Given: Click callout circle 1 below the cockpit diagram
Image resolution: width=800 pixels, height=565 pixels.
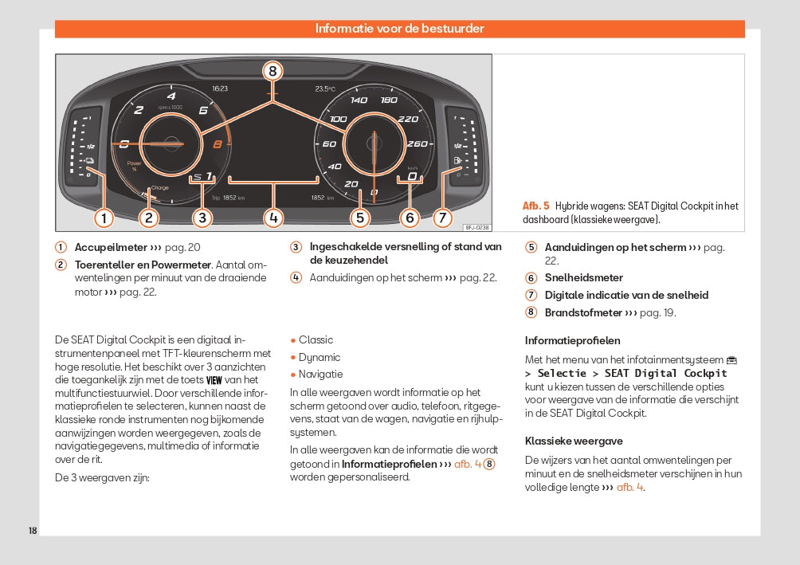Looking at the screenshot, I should click(x=103, y=217).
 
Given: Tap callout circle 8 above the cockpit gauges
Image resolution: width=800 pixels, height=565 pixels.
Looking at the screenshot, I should click(x=273, y=71).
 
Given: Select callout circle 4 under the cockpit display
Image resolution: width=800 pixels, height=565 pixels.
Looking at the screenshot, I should click(x=273, y=217).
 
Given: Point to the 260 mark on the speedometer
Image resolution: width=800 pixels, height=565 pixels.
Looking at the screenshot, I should click(x=417, y=144).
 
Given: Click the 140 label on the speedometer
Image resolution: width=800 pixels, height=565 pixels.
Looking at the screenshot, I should click(x=359, y=100).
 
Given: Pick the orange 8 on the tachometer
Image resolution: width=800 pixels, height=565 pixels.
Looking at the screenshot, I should click(x=218, y=144).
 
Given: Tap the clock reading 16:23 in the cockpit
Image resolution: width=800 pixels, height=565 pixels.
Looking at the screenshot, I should click(x=220, y=88).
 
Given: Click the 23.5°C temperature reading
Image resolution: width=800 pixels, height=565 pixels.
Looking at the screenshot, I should click(x=325, y=88).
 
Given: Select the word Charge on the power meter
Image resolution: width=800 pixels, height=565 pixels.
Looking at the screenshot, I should click(x=159, y=188).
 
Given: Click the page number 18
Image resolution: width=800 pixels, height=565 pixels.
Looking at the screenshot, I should click(x=33, y=531).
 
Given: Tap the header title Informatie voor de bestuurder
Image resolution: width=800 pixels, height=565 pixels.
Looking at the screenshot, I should click(x=399, y=29).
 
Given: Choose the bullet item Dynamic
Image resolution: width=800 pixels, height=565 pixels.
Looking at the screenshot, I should click(x=320, y=357).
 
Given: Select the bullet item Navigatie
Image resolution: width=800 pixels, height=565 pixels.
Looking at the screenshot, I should click(x=320, y=374).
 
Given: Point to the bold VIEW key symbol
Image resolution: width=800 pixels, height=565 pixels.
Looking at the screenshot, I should click(x=214, y=380).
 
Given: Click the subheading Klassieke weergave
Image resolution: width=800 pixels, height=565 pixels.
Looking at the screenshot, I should click(x=574, y=441).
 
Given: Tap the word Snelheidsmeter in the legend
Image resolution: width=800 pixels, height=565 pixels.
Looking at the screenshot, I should click(x=584, y=277).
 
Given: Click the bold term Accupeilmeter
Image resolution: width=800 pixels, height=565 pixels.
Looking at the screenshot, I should click(x=111, y=247).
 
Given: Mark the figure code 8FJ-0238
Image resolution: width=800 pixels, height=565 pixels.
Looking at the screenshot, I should click(x=476, y=226).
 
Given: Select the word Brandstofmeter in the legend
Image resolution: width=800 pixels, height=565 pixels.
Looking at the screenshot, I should click(x=583, y=312).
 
